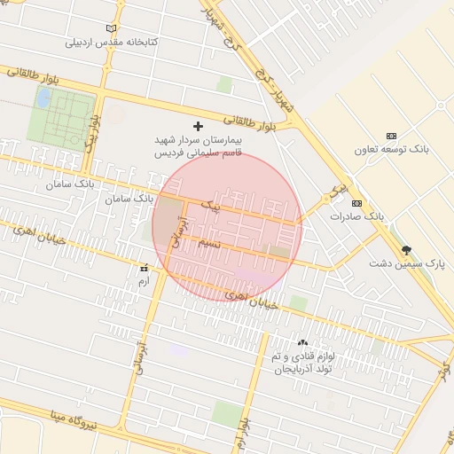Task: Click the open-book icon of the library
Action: tap(111, 28)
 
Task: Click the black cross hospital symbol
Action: tap(198, 127)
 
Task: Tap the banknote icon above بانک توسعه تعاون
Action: tap(391, 135)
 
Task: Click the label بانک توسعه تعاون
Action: tap(391, 149)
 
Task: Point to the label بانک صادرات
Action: tap(356, 216)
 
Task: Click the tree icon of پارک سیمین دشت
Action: tap(406, 250)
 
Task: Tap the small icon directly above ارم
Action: tap(144, 266)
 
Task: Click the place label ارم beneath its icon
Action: tap(144, 279)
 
